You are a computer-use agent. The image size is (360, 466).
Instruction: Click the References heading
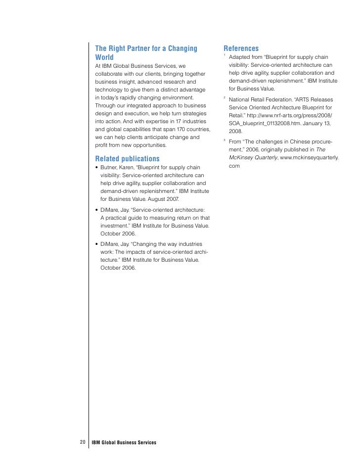point(241,48)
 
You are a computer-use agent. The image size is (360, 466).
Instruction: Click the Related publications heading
point(127,159)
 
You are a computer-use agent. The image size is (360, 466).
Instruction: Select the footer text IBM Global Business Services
point(124,442)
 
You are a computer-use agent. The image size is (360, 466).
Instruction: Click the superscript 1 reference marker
point(225,54)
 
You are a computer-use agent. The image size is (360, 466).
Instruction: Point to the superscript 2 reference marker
point(225,97)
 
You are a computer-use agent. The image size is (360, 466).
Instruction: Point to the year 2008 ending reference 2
point(235,132)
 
